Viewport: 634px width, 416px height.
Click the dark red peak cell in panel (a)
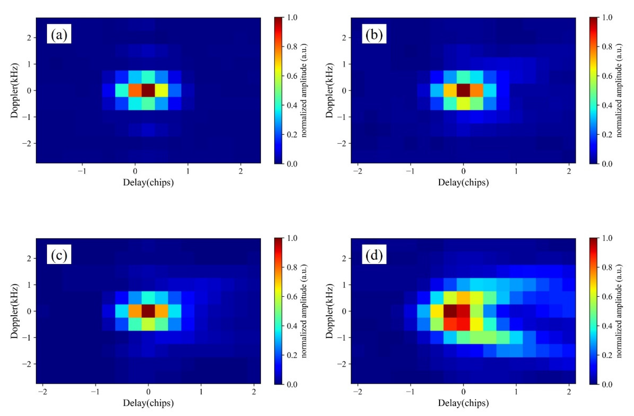148,90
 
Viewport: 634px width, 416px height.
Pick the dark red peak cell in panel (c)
148,311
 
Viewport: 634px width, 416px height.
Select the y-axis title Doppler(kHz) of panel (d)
329,311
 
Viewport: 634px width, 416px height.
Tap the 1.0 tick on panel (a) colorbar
292,18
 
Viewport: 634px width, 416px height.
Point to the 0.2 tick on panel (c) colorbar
292,355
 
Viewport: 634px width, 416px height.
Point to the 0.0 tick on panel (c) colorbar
292,384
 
